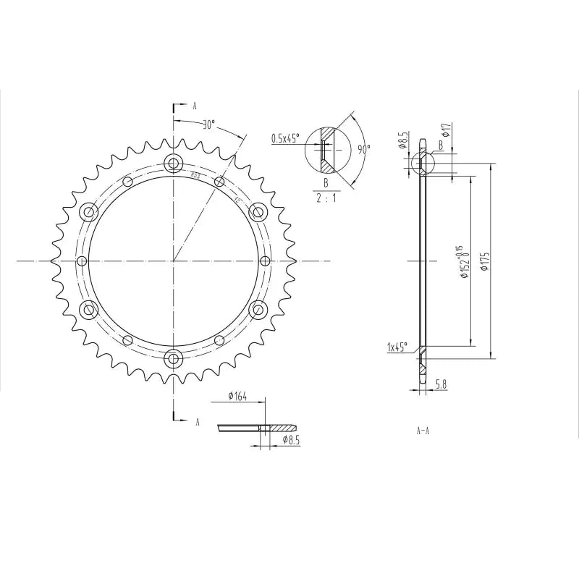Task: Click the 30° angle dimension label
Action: click(x=208, y=124)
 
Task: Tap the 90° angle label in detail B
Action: click(x=363, y=149)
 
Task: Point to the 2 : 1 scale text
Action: click(x=326, y=198)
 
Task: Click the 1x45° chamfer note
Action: click(x=397, y=347)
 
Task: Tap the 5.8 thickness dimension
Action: click(x=440, y=386)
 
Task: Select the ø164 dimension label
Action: click(x=237, y=396)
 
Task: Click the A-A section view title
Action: click(x=423, y=431)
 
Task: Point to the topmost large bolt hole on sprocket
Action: click(x=173, y=163)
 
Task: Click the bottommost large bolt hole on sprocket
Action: click(x=173, y=357)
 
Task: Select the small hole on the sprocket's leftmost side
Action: click(x=82, y=261)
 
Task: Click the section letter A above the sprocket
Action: click(x=195, y=106)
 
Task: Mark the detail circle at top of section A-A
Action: click(x=421, y=163)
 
